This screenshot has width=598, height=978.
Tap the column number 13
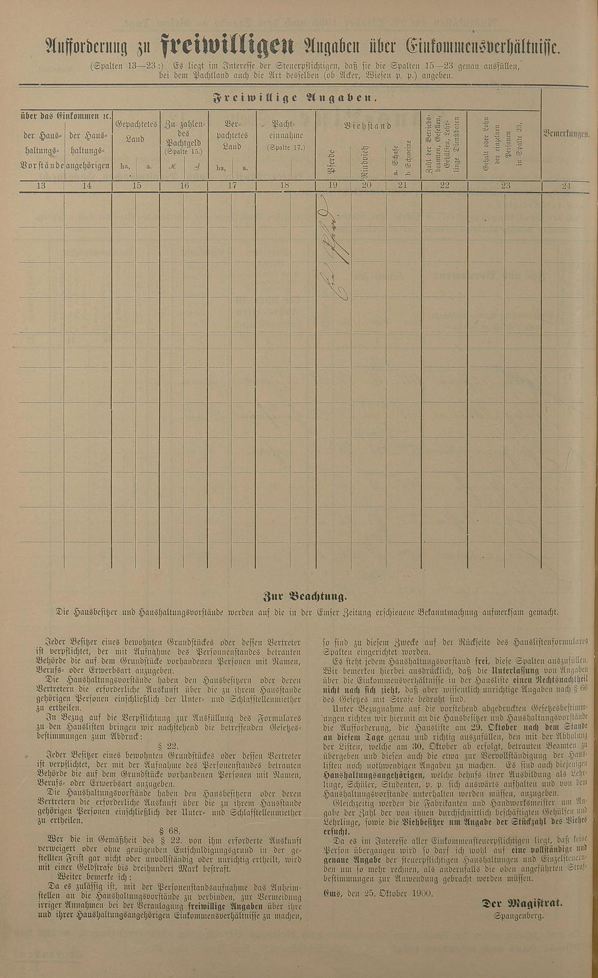pyautogui.click(x=41, y=186)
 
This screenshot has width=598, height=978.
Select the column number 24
pyautogui.click(x=566, y=186)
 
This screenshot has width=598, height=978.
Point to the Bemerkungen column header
pyautogui.click(x=566, y=135)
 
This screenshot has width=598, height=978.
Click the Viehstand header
pyautogui.click(x=368, y=126)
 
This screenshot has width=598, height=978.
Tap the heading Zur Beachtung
pyautogui.click(x=304, y=596)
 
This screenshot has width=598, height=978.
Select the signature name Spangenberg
pyautogui.click(x=518, y=916)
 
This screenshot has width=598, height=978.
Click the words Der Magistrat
pyautogui.click(x=521, y=904)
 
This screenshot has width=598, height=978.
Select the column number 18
pyautogui.click(x=285, y=186)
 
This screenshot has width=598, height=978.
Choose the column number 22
pyautogui.click(x=444, y=186)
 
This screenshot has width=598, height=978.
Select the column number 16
pyautogui.click(x=184, y=186)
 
